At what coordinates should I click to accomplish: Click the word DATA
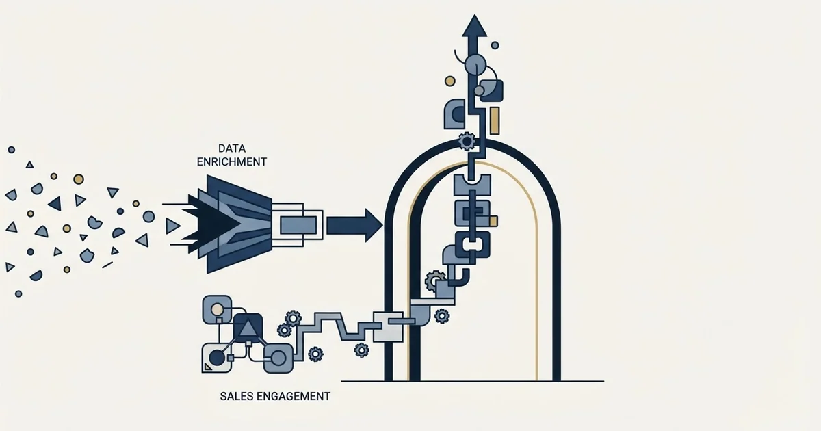(x=232, y=148)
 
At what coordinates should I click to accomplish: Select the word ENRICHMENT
(x=232, y=161)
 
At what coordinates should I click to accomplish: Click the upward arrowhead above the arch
(x=475, y=26)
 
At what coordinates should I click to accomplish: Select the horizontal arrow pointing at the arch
(x=354, y=225)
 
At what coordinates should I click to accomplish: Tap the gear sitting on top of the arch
(x=467, y=141)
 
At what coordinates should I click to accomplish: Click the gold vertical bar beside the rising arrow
(x=495, y=120)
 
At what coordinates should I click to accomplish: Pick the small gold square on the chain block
(x=493, y=221)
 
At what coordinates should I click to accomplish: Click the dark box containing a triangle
(x=248, y=328)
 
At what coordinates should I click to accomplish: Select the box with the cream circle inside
(x=217, y=310)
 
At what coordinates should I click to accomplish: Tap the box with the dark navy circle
(x=217, y=358)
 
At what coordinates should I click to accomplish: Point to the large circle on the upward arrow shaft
(x=475, y=65)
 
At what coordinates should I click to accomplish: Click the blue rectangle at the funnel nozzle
(x=298, y=225)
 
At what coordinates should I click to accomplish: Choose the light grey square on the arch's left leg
(x=388, y=326)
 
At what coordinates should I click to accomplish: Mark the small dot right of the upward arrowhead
(x=495, y=45)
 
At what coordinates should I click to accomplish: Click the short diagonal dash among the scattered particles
(x=107, y=265)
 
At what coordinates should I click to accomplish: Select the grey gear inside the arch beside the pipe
(x=434, y=280)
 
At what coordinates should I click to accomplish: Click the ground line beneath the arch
(x=473, y=382)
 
